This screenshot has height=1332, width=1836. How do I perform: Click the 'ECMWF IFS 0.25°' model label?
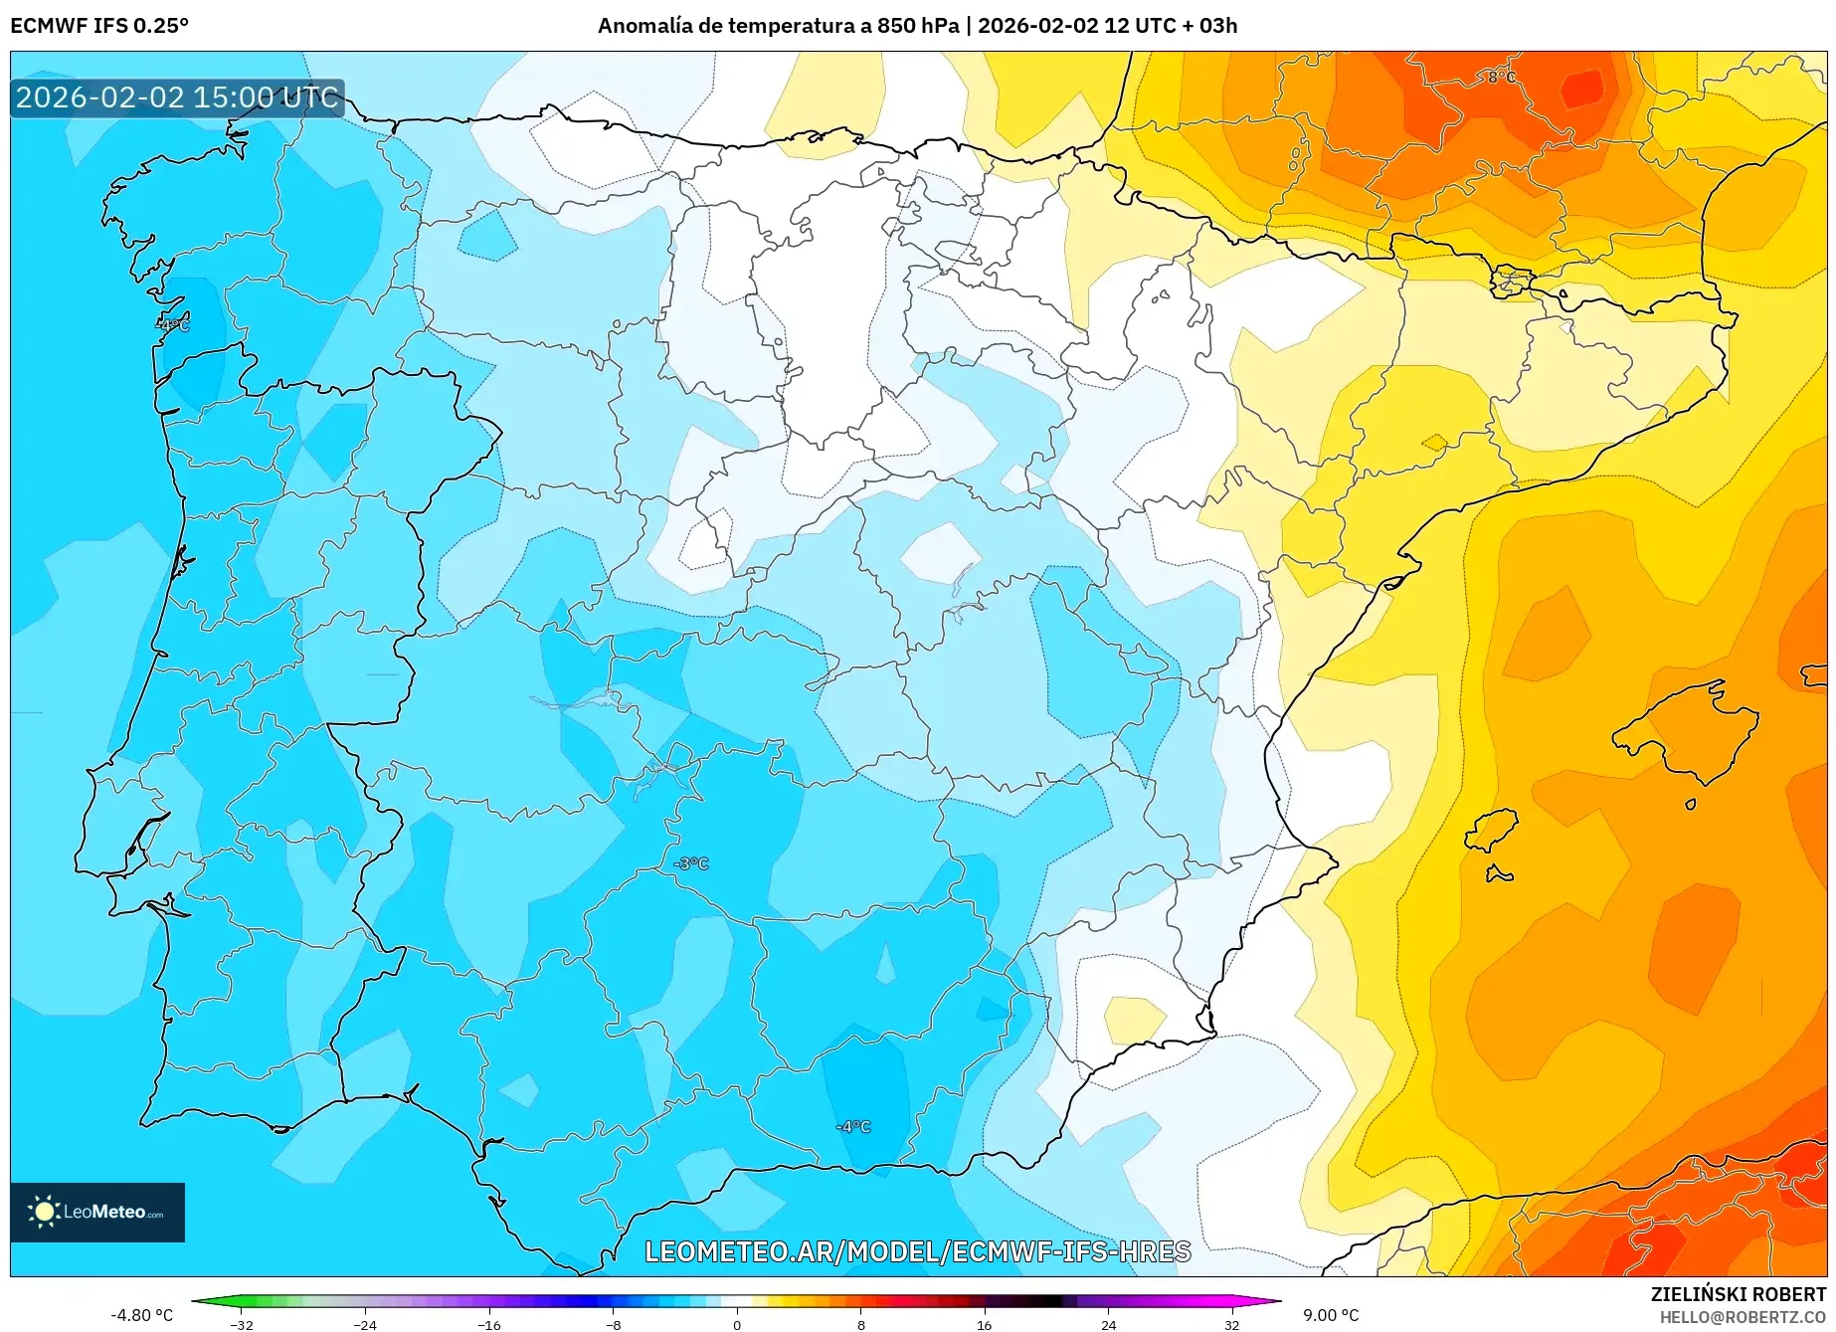[x=99, y=26]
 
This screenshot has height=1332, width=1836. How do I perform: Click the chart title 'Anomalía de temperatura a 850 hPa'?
[x=779, y=26]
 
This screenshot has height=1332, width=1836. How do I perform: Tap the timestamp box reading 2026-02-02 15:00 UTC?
[x=177, y=97]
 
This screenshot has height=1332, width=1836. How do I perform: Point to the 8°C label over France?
[x=1501, y=77]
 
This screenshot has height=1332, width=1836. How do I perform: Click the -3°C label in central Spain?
[x=690, y=863]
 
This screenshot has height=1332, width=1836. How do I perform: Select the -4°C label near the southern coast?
[x=852, y=1127]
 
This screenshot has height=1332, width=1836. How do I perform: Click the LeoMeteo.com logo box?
[x=97, y=1212]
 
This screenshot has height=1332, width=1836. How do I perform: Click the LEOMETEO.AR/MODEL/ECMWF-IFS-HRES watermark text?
[x=917, y=1251]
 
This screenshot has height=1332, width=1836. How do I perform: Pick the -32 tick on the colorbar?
[x=242, y=1324]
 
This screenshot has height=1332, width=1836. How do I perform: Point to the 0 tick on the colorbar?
[x=736, y=1324]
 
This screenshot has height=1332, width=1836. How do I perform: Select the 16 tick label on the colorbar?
[x=984, y=1324]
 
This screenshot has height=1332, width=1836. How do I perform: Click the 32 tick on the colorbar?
[x=1231, y=1324]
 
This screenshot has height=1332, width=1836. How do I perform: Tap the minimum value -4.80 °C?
[x=141, y=1315]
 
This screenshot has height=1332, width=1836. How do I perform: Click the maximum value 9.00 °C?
[x=1331, y=1315]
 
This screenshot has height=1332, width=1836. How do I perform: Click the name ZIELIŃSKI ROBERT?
[x=1738, y=1294]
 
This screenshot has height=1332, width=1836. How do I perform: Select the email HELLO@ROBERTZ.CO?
[x=1742, y=1317]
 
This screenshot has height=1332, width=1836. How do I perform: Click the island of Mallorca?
[x=1687, y=734]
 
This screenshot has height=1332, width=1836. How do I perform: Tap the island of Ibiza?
[x=1492, y=831]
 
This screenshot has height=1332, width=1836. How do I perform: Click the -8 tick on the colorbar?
[x=614, y=1324]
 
